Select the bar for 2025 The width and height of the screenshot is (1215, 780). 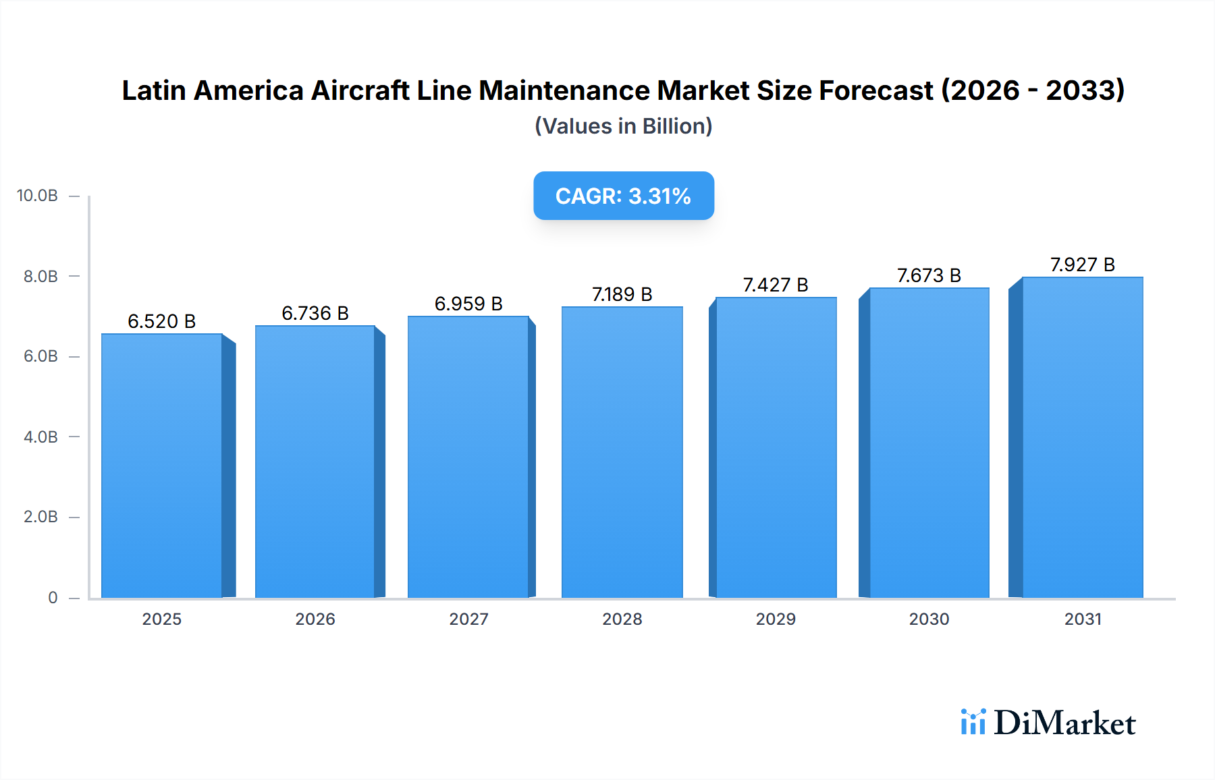[x=162, y=466]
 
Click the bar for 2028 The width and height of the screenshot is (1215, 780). [x=622, y=452]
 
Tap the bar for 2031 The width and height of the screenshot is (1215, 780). [x=1082, y=437]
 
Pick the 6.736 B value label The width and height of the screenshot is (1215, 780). [x=315, y=313]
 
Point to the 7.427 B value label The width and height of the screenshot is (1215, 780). [x=776, y=285]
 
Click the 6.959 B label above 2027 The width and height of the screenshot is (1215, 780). [x=468, y=304]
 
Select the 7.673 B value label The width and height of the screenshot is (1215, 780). [x=929, y=275]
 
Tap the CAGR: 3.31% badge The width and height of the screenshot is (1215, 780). [x=624, y=196]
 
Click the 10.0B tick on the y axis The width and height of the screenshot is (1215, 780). [x=37, y=196]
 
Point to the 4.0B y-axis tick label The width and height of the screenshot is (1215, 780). [x=40, y=437]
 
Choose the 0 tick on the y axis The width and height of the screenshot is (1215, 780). [x=53, y=597]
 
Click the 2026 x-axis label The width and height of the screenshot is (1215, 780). [x=315, y=619]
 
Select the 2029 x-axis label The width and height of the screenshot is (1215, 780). [x=776, y=619]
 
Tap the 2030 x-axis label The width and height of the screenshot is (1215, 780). [x=929, y=619]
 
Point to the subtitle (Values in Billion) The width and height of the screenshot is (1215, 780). [x=624, y=126]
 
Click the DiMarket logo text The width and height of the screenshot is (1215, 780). [x=1064, y=723]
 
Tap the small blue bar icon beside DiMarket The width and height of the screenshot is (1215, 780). [x=973, y=722]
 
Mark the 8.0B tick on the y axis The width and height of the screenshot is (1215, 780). [x=40, y=276]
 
